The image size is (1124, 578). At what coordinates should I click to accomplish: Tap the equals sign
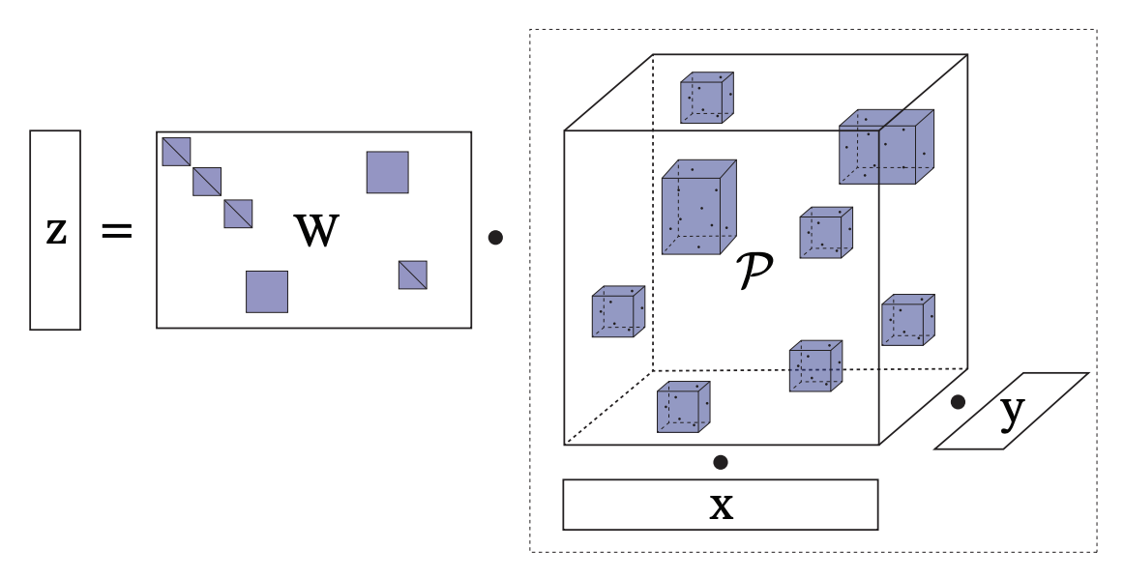[117, 231]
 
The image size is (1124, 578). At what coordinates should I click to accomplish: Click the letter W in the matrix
[316, 231]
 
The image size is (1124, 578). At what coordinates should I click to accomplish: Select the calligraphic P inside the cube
[754, 272]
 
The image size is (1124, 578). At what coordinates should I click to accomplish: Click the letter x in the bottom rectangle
[721, 506]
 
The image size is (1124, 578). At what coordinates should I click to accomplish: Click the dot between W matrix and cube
[495, 237]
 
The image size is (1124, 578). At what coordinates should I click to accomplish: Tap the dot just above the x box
[721, 462]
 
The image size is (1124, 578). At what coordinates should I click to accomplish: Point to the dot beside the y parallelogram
[958, 402]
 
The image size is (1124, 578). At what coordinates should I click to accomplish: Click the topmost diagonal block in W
[176, 152]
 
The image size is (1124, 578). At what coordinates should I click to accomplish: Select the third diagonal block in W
[238, 214]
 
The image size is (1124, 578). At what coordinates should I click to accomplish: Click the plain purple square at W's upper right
[387, 172]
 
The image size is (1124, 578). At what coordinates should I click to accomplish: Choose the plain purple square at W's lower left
[267, 291]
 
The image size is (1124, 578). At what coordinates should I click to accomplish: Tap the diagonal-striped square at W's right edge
[413, 275]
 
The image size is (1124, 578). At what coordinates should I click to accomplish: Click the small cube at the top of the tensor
[706, 98]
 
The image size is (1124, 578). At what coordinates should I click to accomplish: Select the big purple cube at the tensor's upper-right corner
[885, 147]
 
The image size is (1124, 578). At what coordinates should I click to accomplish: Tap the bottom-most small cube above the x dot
[683, 407]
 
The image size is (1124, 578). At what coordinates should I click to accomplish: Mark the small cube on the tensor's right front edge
[907, 320]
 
